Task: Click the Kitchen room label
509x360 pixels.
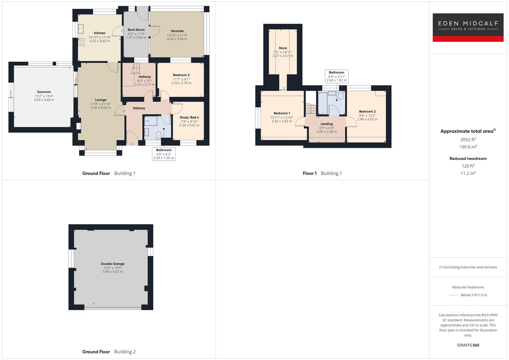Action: click(100, 33)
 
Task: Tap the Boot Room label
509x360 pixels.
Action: click(136, 30)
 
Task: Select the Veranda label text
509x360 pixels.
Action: click(177, 31)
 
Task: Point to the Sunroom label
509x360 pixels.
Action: click(44, 92)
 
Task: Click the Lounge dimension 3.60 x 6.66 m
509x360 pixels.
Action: click(101, 108)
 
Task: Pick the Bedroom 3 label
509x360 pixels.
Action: click(181, 75)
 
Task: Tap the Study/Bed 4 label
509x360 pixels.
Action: click(189, 117)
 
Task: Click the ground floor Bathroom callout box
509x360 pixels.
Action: click(164, 154)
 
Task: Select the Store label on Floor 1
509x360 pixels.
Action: click(283, 48)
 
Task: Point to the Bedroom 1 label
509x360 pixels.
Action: click(282, 113)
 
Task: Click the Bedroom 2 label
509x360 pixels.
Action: click(367, 112)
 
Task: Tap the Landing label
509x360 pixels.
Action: click(327, 124)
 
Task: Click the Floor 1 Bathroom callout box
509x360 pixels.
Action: click(337, 76)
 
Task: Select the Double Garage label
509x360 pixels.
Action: click(113, 264)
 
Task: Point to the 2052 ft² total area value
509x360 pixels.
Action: click(468, 140)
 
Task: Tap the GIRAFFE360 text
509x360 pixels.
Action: click(468, 345)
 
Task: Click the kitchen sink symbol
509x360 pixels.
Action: click(81, 29)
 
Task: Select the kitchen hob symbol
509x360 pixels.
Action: click(81, 42)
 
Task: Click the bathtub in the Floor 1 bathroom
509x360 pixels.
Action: click(322, 103)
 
